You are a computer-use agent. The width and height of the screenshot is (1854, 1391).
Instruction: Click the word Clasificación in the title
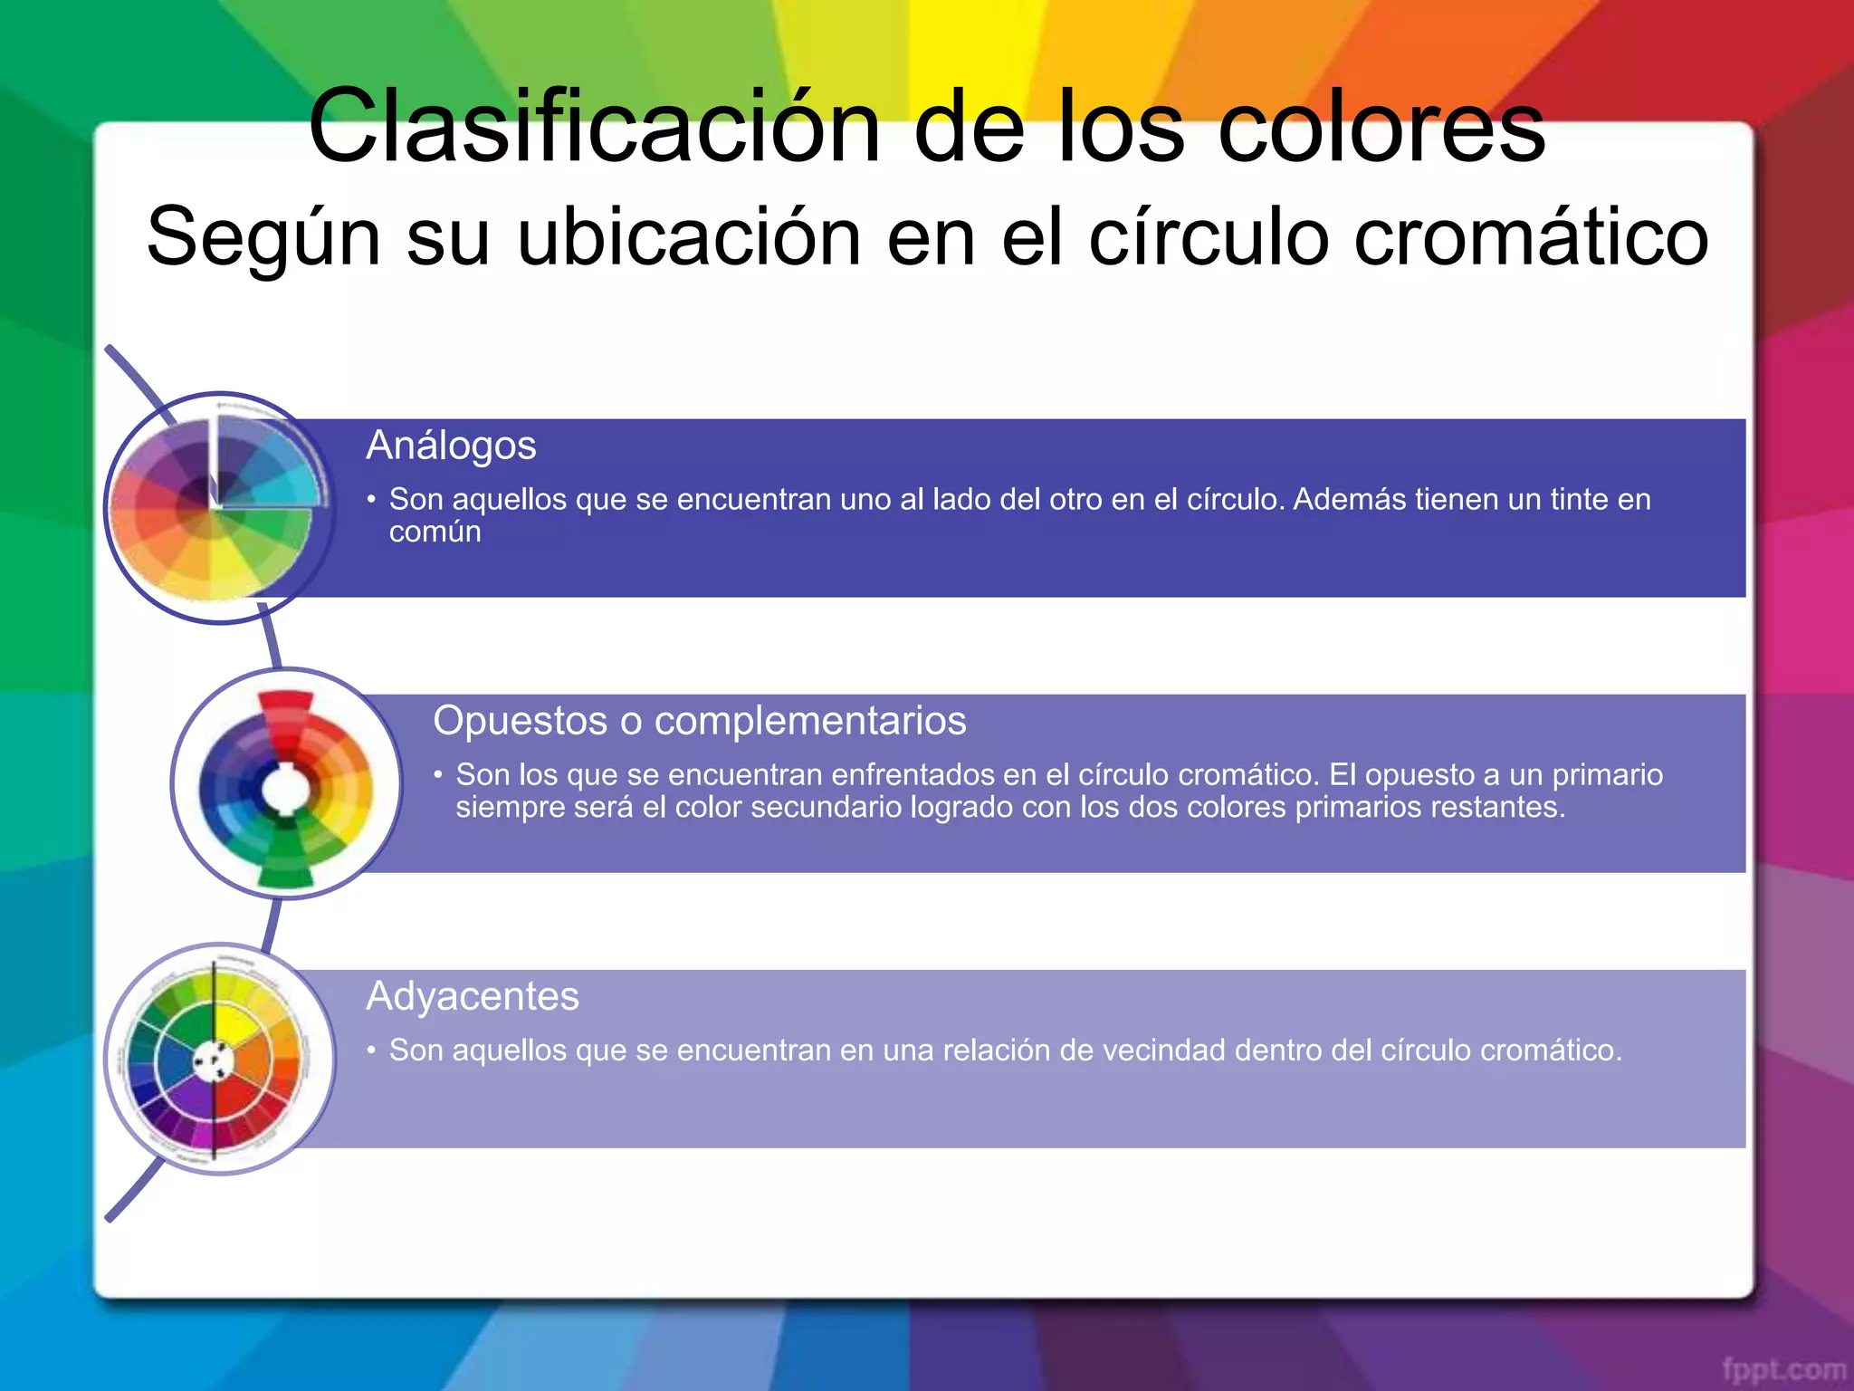[594, 127]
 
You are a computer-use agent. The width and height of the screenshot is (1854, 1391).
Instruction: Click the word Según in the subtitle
[263, 237]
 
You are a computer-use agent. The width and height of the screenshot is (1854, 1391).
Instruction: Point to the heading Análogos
[451, 446]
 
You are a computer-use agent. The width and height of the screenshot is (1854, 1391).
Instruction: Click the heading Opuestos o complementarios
[699, 721]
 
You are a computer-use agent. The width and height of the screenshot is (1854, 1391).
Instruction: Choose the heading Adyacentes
[472, 996]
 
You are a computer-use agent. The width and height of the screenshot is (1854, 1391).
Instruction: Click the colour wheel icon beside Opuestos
[286, 784]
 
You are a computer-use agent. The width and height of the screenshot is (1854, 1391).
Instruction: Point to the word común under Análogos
[435, 532]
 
